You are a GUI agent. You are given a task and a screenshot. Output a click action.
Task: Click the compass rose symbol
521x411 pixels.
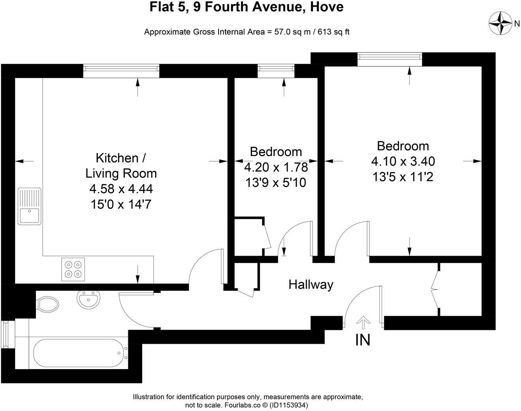[x=500, y=23]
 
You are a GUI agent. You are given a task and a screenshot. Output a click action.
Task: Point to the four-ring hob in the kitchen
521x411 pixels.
[x=73, y=269]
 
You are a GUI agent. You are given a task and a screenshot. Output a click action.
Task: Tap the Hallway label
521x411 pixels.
[x=311, y=285]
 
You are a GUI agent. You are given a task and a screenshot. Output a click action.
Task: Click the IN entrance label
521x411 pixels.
[x=363, y=340]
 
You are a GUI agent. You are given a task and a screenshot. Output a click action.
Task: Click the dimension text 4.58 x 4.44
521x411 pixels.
[x=121, y=189]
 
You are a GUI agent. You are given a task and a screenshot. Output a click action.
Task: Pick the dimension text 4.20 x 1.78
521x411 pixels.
[x=276, y=168]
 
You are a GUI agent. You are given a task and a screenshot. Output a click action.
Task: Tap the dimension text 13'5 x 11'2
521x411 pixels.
[x=403, y=177]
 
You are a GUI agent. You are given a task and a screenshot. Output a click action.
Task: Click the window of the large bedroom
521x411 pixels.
[x=389, y=59]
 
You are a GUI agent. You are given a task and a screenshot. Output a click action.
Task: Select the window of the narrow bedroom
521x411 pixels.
[x=276, y=71]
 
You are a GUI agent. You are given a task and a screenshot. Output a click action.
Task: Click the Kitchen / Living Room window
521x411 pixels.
[x=121, y=71]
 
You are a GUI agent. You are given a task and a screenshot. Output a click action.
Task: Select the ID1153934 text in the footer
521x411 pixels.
[x=288, y=405]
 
